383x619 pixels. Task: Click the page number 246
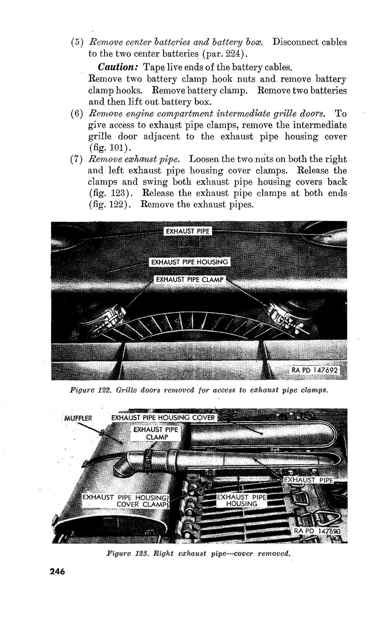pyautogui.click(x=57, y=571)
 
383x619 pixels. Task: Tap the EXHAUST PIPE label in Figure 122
pyautogui.click(x=187, y=231)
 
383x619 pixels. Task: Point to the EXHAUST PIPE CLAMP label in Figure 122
pyautogui.click(x=190, y=279)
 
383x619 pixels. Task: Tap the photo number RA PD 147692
pyautogui.click(x=315, y=370)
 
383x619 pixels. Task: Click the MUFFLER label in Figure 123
pyautogui.click(x=78, y=418)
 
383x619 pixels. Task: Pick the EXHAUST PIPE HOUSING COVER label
pyautogui.click(x=163, y=418)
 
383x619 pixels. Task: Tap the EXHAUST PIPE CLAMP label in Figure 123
pyautogui.click(x=156, y=433)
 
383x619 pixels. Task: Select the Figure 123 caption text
pyautogui.click(x=199, y=554)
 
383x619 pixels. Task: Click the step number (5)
pyautogui.click(x=76, y=42)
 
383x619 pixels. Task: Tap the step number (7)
pyautogui.click(x=76, y=159)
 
